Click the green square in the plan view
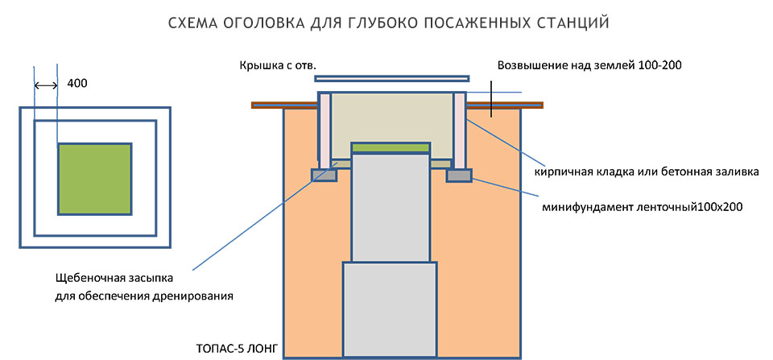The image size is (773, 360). (x=94, y=178)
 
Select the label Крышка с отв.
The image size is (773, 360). (x=272, y=65)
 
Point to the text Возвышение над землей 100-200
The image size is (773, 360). (x=590, y=65)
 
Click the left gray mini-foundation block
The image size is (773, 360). (x=324, y=174)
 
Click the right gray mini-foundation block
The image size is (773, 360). (x=458, y=174)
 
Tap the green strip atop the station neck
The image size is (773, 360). (x=391, y=147)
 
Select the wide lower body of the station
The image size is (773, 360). (x=391, y=309)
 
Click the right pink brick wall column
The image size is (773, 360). (x=460, y=129)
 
